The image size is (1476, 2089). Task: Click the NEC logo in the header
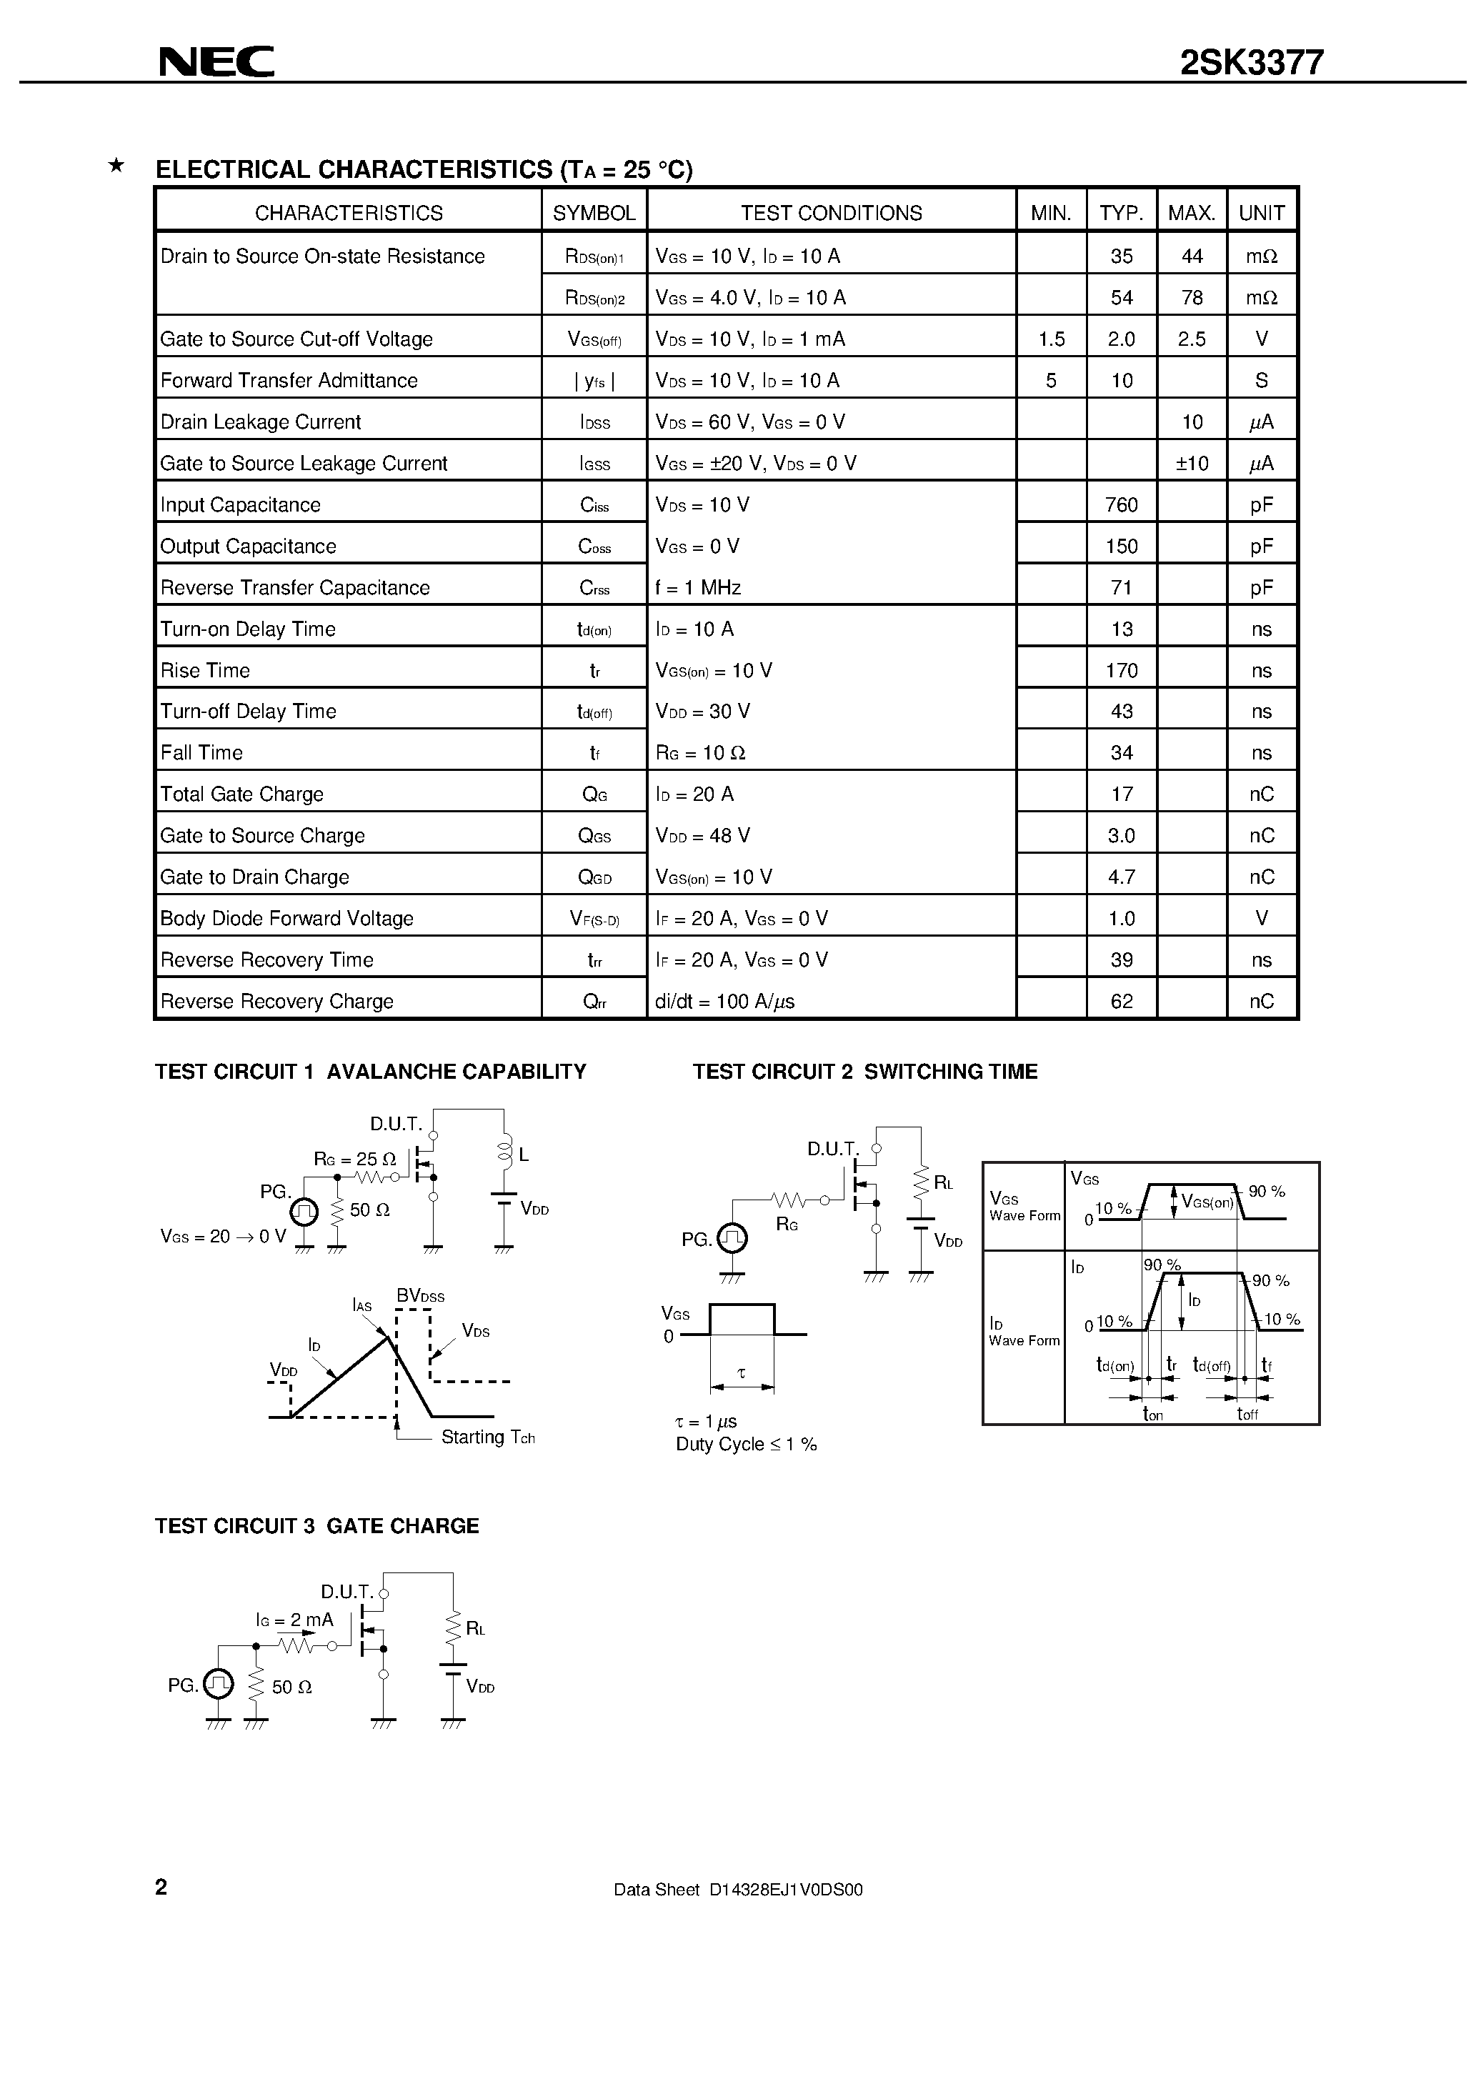(x=216, y=62)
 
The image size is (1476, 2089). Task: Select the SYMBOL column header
(x=594, y=213)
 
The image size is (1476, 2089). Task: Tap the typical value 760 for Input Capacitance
(x=1121, y=505)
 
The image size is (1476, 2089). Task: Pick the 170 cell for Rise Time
(x=1121, y=671)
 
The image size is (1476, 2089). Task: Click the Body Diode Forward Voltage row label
(x=286, y=919)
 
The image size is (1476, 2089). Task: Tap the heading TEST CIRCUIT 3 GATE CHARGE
(x=316, y=1526)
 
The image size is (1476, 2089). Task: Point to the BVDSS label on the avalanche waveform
(x=420, y=1295)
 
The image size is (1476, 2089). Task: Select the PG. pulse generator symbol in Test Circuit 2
(x=732, y=1238)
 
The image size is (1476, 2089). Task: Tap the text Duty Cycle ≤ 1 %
(x=746, y=1445)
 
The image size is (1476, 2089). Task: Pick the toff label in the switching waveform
(x=1247, y=1414)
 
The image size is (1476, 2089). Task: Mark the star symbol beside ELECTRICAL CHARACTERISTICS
(x=116, y=166)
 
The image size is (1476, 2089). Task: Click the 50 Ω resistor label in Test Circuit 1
(x=369, y=1210)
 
